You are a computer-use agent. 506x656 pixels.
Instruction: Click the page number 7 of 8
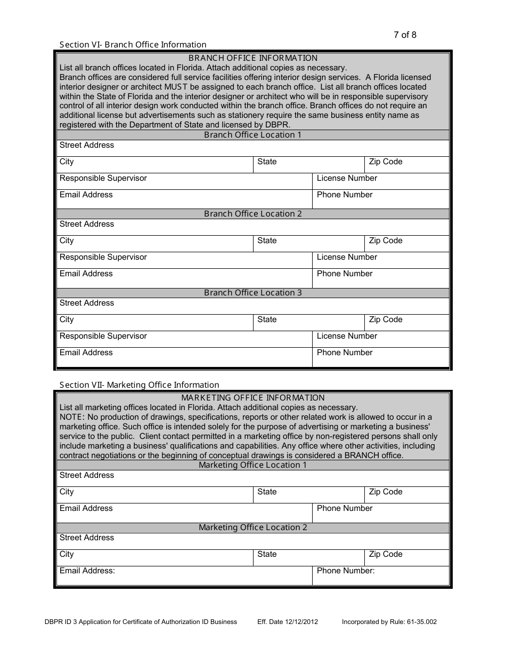pyautogui.click(x=405, y=35)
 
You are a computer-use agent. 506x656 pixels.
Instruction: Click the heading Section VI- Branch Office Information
pyautogui.click(x=133, y=45)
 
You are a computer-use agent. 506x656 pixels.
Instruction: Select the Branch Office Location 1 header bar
pyautogui.click(x=252, y=135)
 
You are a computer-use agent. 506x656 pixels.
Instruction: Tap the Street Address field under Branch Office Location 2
pyautogui.click(x=252, y=227)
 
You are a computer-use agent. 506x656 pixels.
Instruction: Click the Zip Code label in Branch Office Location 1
pyautogui.click(x=386, y=162)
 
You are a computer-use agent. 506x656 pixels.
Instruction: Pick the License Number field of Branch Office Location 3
pyautogui.click(x=380, y=339)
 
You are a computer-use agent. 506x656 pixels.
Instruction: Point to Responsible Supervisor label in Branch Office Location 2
pyautogui.click(x=103, y=257)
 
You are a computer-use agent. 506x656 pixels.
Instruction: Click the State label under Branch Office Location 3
pyautogui.click(x=267, y=320)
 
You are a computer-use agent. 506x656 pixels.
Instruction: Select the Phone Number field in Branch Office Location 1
pyautogui.click(x=380, y=199)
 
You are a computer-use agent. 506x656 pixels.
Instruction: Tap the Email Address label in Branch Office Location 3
pyautogui.click(x=86, y=353)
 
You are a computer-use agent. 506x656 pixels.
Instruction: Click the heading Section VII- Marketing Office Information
pyautogui.click(x=139, y=385)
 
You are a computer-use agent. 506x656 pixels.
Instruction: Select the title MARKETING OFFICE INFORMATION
pyautogui.click(x=252, y=398)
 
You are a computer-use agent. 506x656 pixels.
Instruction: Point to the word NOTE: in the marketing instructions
pyautogui.click(x=72, y=417)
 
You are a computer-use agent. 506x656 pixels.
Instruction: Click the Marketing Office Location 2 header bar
pyautogui.click(x=252, y=527)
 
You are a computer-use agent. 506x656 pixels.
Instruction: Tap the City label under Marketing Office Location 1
pyautogui.click(x=67, y=492)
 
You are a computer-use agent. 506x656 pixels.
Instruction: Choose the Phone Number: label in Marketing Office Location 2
pyautogui.click(x=346, y=571)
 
